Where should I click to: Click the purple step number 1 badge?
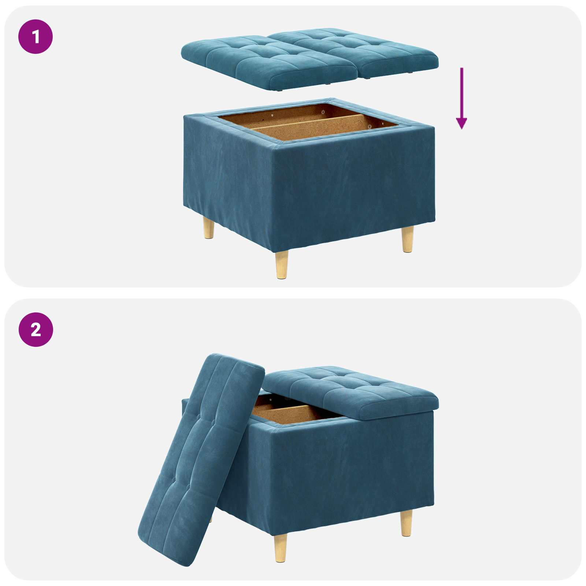(x=36, y=37)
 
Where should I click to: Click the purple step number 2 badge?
(x=36, y=330)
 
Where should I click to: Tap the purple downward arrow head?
(x=461, y=123)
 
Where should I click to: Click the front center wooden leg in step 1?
(x=282, y=264)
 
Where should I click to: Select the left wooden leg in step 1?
(x=209, y=228)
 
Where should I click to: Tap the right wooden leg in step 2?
(x=406, y=523)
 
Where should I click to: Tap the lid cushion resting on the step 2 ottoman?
(x=352, y=392)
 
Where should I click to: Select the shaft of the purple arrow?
(x=461, y=92)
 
